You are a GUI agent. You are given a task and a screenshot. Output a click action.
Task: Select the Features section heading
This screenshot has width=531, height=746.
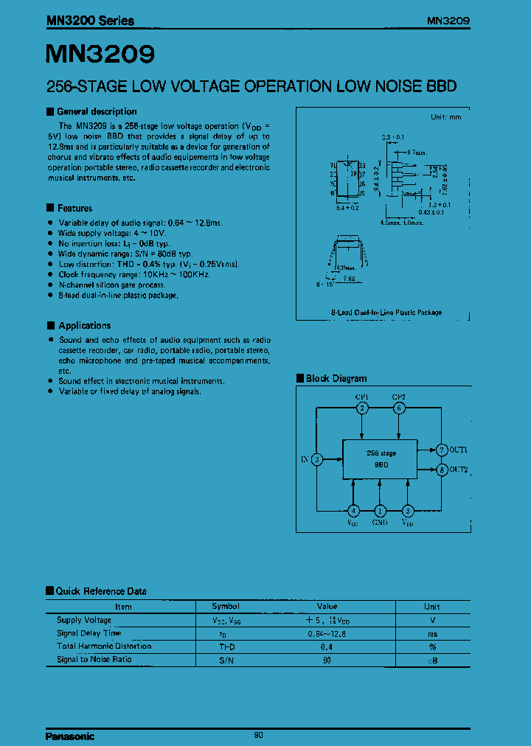[x=74, y=208]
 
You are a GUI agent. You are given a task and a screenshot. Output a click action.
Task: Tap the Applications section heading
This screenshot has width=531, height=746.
[x=84, y=325]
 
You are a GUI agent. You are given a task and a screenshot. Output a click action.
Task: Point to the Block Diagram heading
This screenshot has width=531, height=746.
[x=336, y=378]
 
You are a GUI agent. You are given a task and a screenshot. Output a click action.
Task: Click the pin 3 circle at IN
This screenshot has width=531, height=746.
[x=316, y=459]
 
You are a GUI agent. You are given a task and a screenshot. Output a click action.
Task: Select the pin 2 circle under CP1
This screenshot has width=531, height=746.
[x=362, y=408]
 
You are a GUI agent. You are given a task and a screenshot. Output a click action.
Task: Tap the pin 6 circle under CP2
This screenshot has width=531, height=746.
[x=399, y=408]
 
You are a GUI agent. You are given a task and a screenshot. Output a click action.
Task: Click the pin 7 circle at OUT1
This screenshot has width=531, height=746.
[x=442, y=450]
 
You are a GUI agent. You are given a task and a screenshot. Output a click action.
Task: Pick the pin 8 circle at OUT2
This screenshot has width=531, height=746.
[x=442, y=470]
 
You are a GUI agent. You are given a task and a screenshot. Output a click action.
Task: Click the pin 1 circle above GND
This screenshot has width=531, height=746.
[x=380, y=510]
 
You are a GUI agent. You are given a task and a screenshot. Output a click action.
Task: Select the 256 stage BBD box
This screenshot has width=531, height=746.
[x=381, y=459]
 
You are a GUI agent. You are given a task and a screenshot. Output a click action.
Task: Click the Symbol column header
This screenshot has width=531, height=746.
[x=226, y=606]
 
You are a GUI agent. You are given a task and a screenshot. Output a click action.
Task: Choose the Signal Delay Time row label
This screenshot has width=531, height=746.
[x=88, y=633]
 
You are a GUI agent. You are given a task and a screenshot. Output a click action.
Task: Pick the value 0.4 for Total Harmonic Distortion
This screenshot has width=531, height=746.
[x=327, y=646]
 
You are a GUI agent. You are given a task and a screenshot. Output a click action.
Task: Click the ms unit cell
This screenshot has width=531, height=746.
[x=431, y=633]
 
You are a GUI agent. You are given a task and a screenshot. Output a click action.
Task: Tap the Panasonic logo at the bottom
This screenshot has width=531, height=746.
[x=70, y=736]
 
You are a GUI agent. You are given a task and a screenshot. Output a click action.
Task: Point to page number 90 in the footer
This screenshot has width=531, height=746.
[x=258, y=735]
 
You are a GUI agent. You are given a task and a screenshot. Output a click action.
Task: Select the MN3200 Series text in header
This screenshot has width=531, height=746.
[x=89, y=21]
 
